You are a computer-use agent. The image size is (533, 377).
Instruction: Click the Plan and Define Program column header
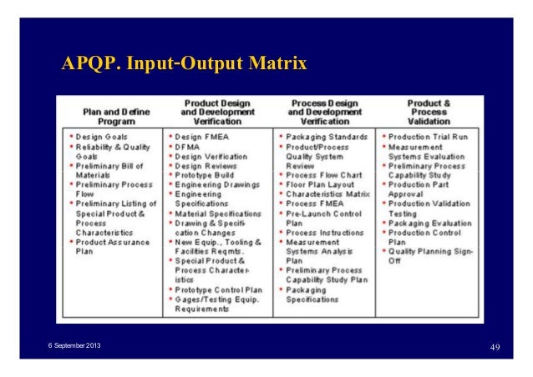[114, 113]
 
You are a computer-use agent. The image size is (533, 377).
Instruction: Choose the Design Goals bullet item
[103, 136]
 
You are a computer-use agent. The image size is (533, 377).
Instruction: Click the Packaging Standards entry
[327, 136]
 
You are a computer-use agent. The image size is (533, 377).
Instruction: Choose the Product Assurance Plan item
[113, 246]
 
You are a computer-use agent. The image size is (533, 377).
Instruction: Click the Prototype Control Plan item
[218, 289]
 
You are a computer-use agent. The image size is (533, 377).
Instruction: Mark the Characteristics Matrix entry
[327, 194]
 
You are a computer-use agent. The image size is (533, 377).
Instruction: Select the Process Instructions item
[325, 232]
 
